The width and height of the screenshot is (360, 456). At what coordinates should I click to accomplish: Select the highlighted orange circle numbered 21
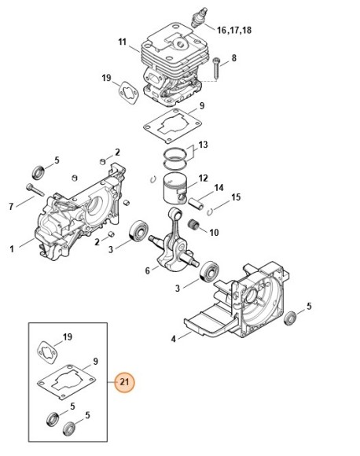[124, 383]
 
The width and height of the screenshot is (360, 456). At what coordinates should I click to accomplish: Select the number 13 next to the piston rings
[203, 145]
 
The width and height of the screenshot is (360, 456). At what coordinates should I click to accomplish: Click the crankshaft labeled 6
[174, 245]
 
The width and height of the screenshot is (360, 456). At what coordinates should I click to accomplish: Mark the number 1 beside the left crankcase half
[11, 250]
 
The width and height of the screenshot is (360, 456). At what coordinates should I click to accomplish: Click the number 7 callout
[11, 207]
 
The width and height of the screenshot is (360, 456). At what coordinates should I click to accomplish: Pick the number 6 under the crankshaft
[147, 271]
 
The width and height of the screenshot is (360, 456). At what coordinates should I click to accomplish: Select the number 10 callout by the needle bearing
[215, 233]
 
